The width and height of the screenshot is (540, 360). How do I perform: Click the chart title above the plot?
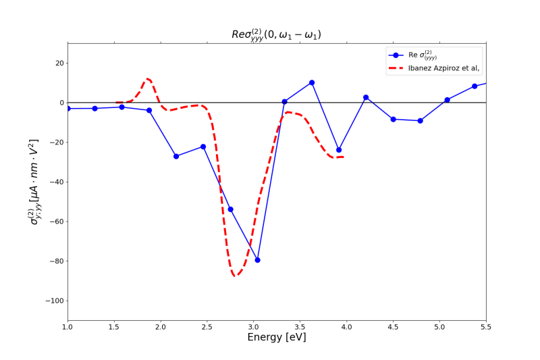[276, 35]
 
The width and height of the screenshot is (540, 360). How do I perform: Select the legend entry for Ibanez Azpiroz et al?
[434, 68]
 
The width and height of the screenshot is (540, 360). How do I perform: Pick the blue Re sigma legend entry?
[413, 55]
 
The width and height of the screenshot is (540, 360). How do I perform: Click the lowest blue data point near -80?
[257, 260]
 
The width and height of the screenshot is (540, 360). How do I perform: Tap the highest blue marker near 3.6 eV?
[312, 82]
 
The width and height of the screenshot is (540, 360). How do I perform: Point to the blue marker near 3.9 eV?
[339, 150]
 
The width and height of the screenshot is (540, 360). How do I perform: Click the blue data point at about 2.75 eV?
[230, 209]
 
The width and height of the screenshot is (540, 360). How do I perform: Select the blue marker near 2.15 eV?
[176, 157]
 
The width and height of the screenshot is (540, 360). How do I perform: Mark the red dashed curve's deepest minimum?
[235, 276]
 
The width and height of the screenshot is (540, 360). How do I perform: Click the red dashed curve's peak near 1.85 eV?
[148, 79]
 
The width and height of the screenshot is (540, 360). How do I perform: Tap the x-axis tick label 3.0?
[254, 327]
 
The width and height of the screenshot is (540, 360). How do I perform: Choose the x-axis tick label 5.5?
[486, 327]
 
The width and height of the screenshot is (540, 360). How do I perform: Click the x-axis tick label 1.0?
[67, 327]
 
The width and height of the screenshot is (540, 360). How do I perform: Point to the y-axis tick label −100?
[55, 301]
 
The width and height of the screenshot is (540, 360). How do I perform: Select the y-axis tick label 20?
[59, 63]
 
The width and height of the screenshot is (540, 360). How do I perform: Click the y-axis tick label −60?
[57, 222]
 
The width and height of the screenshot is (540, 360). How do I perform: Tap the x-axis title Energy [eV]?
[277, 337]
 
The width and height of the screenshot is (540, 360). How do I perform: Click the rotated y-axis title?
[34, 182]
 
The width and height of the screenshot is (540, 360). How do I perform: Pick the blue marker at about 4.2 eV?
[366, 97]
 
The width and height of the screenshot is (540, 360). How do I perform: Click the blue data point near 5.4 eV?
[475, 86]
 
